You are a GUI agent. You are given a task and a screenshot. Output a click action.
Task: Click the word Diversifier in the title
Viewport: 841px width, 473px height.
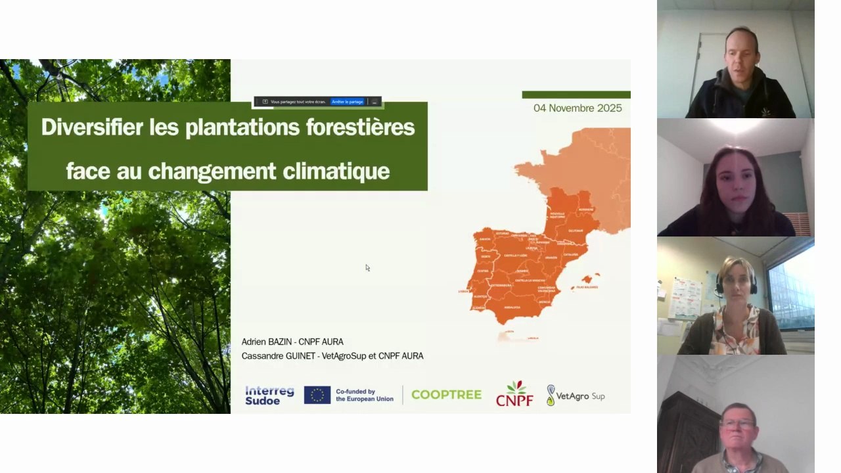92,127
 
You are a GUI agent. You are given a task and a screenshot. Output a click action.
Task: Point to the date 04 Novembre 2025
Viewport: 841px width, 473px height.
578,108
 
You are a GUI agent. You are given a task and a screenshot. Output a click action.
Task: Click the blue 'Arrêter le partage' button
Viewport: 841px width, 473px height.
347,102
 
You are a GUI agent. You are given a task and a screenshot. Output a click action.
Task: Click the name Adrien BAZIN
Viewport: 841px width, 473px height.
266,342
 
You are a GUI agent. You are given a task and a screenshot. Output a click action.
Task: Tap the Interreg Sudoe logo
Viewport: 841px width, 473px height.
269,395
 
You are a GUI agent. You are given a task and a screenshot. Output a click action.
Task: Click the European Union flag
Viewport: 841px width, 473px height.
317,395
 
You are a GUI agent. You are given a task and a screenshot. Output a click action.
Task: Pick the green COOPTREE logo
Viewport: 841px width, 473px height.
446,395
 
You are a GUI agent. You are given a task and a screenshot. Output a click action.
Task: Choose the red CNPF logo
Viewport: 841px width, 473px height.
514,394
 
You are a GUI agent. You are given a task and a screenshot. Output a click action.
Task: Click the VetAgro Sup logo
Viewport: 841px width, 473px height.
576,395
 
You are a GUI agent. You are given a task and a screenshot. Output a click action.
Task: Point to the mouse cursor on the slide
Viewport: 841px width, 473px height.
367,267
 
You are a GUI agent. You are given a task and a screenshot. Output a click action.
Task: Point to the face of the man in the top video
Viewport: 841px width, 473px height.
741,62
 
